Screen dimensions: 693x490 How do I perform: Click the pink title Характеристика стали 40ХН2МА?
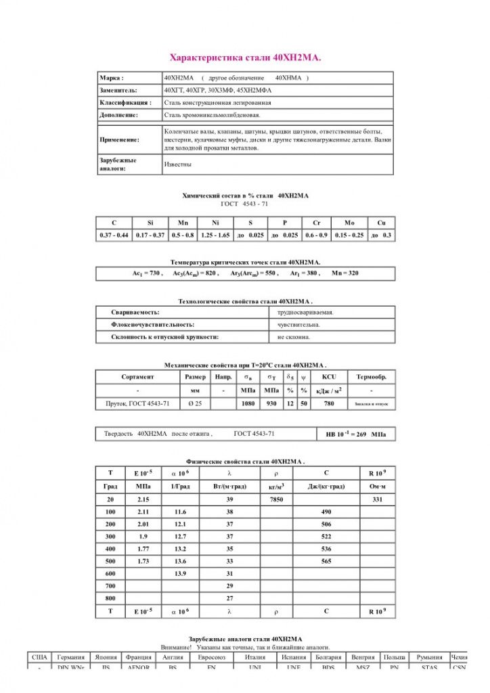[245, 58]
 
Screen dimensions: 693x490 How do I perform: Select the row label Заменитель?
[118, 90]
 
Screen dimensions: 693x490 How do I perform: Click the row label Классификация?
[125, 103]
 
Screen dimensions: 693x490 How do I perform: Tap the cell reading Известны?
[178, 164]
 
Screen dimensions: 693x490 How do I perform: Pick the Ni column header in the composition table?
[215, 223]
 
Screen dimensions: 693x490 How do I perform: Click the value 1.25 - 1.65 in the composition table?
[215, 235]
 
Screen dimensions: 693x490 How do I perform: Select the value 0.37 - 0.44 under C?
[114, 235]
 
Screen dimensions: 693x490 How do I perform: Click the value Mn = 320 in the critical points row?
[344, 273]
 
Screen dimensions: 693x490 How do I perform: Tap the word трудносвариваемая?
[305, 313]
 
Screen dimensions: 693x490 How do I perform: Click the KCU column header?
[329, 377]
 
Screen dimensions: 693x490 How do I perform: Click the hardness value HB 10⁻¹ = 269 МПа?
[356, 434]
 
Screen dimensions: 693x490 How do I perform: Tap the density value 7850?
[276, 499]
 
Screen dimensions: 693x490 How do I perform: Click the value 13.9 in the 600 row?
[180, 574]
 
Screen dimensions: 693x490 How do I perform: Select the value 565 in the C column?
[326, 562]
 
